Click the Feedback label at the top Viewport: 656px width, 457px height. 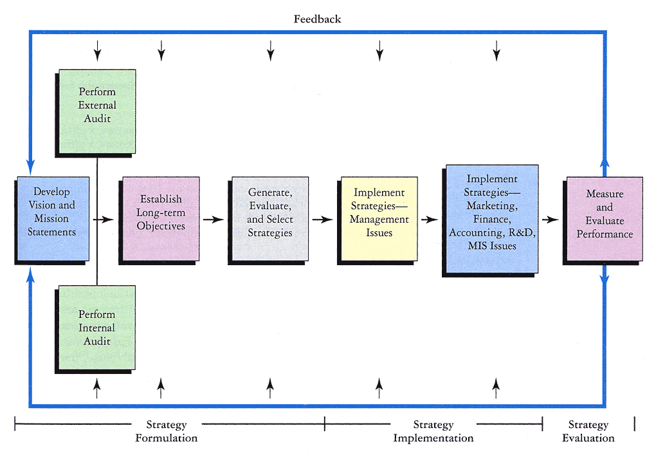click(x=317, y=19)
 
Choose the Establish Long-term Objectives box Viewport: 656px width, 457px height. click(x=160, y=213)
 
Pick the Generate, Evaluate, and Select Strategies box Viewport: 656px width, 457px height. click(x=269, y=213)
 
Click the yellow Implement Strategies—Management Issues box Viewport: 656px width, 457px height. click(x=379, y=213)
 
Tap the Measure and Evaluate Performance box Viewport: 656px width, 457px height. click(x=604, y=214)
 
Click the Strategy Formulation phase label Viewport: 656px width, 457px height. click(x=166, y=431)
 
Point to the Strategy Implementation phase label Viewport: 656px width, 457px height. click(x=433, y=431)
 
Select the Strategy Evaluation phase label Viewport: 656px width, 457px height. click(x=588, y=431)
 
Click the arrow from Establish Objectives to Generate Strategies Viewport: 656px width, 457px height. click(x=213, y=219)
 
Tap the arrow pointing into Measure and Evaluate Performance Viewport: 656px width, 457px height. click(x=551, y=219)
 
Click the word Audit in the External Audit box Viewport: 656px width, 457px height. click(x=97, y=118)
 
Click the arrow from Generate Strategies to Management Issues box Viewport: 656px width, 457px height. click(x=322, y=219)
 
